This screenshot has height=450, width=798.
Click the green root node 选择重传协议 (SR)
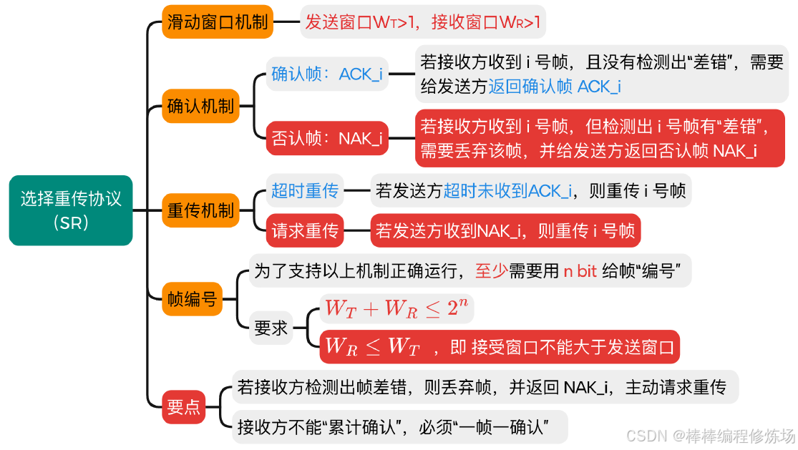pyautogui.click(x=71, y=210)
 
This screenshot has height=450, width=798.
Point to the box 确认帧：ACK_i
pyautogui.click(x=327, y=74)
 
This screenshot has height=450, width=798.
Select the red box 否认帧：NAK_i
pyautogui.click(x=327, y=138)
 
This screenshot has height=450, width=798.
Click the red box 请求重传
pyautogui.click(x=304, y=230)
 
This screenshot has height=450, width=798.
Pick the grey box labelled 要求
pyautogui.click(x=271, y=328)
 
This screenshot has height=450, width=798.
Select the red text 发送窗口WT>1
pyautogui.click(x=363, y=23)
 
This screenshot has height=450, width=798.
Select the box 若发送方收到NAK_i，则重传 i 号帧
pyautogui.click(x=505, y=230)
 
